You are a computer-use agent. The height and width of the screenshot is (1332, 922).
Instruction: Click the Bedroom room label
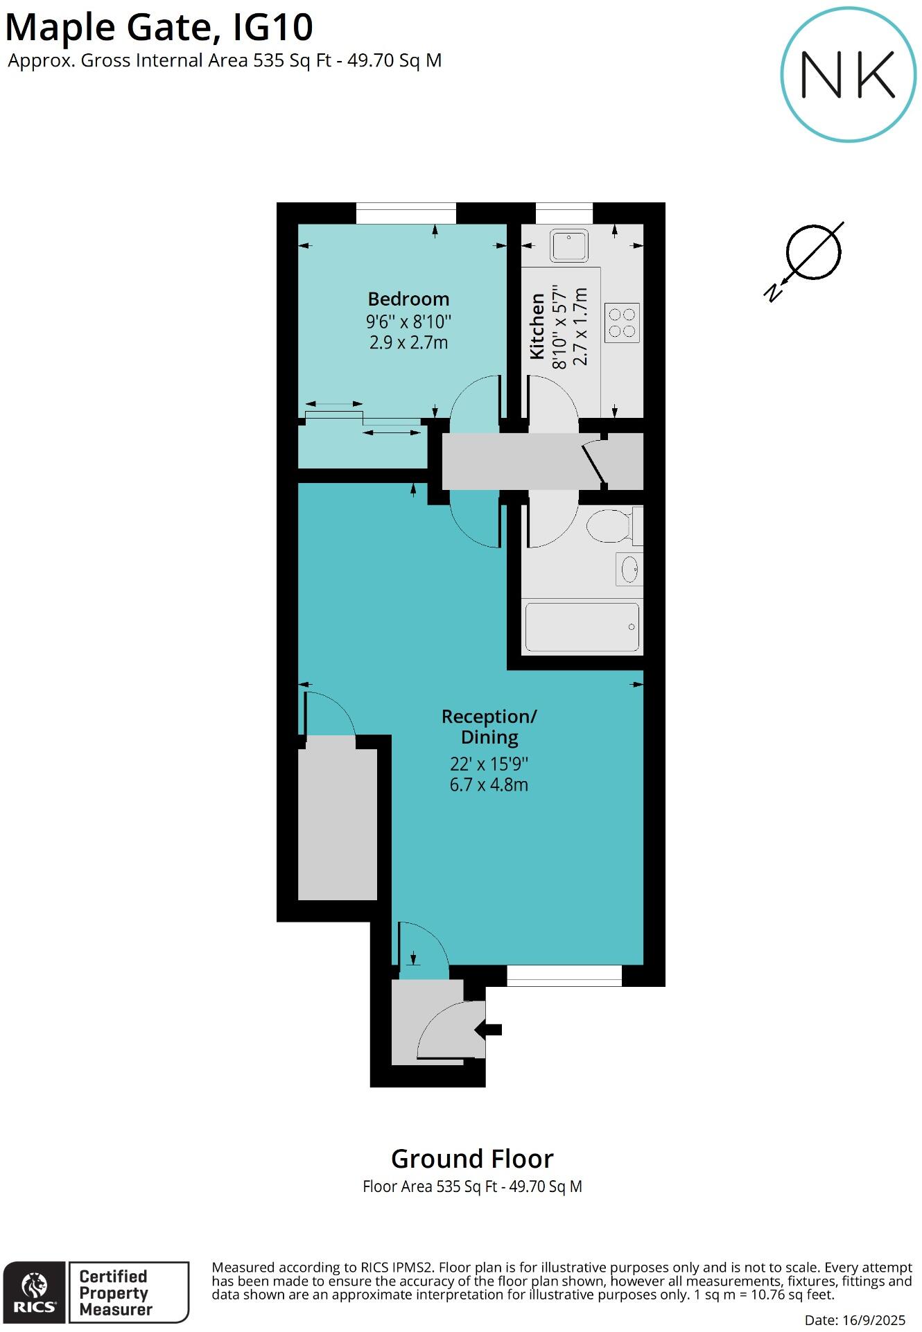408,299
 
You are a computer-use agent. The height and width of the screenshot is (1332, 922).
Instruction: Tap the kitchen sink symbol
569,245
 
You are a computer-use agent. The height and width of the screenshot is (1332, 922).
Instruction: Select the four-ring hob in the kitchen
622,323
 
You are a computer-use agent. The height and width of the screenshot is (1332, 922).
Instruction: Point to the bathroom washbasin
629,570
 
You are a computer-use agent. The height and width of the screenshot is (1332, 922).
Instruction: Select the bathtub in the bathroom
582,627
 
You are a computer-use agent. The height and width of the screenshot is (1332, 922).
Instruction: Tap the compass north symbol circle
813,252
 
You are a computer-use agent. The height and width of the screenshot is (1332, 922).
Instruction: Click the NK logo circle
849,75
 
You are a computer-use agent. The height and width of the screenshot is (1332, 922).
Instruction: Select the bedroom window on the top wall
406,213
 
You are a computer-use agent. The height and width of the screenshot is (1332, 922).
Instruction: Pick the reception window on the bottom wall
564,976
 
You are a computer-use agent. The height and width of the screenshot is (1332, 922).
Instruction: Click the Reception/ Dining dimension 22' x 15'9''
489,764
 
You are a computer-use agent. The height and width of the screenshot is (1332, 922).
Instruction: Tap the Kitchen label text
537,326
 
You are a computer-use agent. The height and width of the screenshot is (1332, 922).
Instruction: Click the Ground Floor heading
472,1159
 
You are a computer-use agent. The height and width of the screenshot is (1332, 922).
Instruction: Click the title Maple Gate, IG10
159,28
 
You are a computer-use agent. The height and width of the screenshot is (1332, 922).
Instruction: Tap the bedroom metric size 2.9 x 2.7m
408,342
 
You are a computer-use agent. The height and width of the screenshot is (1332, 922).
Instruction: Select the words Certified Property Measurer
115,1292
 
